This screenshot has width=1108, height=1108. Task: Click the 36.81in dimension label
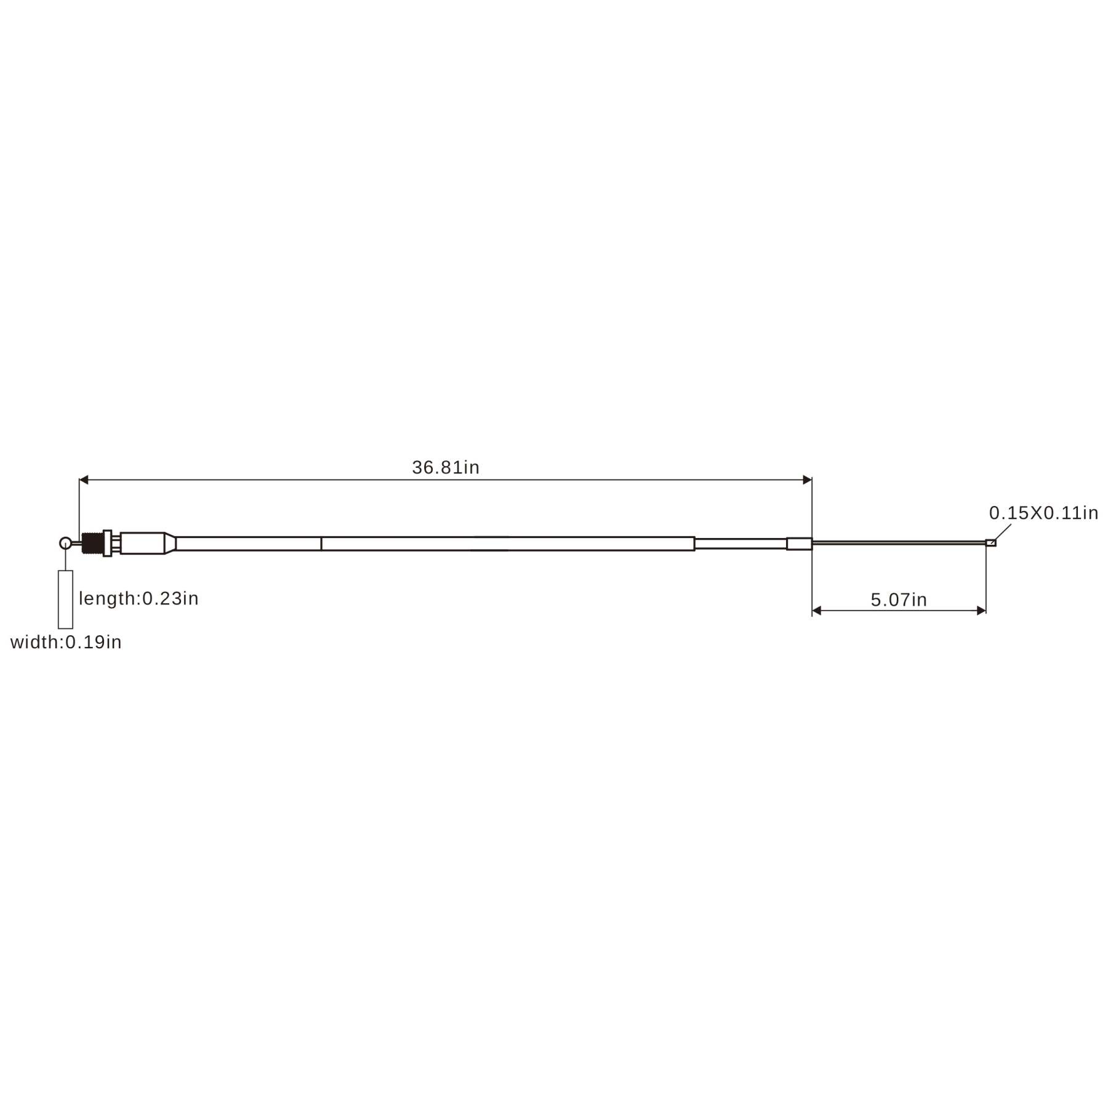pyautogui.click(x=446, y=468)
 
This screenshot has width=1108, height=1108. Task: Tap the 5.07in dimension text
pyautogui.click(x=899, y=600)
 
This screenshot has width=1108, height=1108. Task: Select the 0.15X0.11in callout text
pyautogui.click(x=1044, y=513)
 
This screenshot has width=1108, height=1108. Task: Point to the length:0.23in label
pyautogui.click(x=138, y=598)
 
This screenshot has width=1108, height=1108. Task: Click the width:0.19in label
pyautogui.click(x=66, y=642)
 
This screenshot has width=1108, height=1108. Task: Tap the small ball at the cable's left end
pyautogui.click(x=65, y=543)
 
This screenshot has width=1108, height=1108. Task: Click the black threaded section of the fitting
pyautogui.click(x=92, y=544)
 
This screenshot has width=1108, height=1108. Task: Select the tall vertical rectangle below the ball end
pyautogui.click(x=65, y=599)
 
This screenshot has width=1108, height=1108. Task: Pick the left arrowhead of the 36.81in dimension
pyautogui.click(x=84, y=480)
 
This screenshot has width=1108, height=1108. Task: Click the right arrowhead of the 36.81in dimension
pyautogui.click(x=808, y=480)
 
